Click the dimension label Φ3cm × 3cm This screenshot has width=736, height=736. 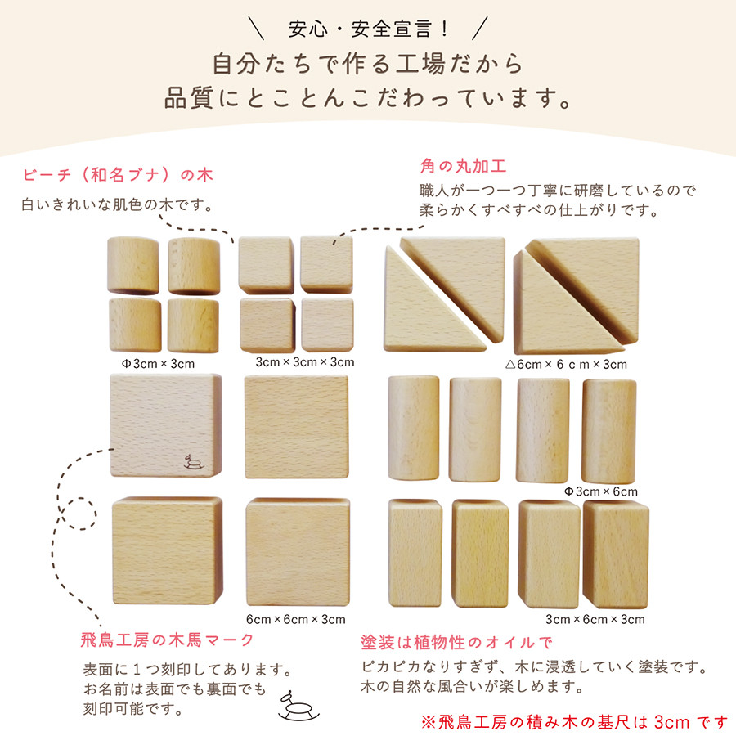158,364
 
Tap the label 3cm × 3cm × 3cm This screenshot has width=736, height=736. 305,362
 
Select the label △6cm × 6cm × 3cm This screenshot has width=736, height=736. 566,364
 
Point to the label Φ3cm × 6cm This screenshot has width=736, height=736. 601,491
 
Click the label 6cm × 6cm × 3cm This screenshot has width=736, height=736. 296,619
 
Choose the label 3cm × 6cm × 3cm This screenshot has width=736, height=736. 595,619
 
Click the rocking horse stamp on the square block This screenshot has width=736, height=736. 193,462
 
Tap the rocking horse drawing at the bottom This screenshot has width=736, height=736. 298,706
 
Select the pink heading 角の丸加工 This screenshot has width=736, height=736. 463,166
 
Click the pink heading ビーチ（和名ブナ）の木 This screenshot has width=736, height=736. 118,175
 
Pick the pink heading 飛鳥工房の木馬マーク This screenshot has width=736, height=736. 167,640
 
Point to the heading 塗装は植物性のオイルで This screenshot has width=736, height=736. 456,642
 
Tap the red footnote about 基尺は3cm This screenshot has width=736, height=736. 573,722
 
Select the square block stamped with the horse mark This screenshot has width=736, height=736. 166,425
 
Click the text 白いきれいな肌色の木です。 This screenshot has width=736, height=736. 118,204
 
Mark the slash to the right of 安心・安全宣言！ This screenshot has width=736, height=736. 480,29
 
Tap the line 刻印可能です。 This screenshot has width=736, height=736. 132,708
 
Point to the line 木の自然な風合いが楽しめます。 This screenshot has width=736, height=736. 472,686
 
